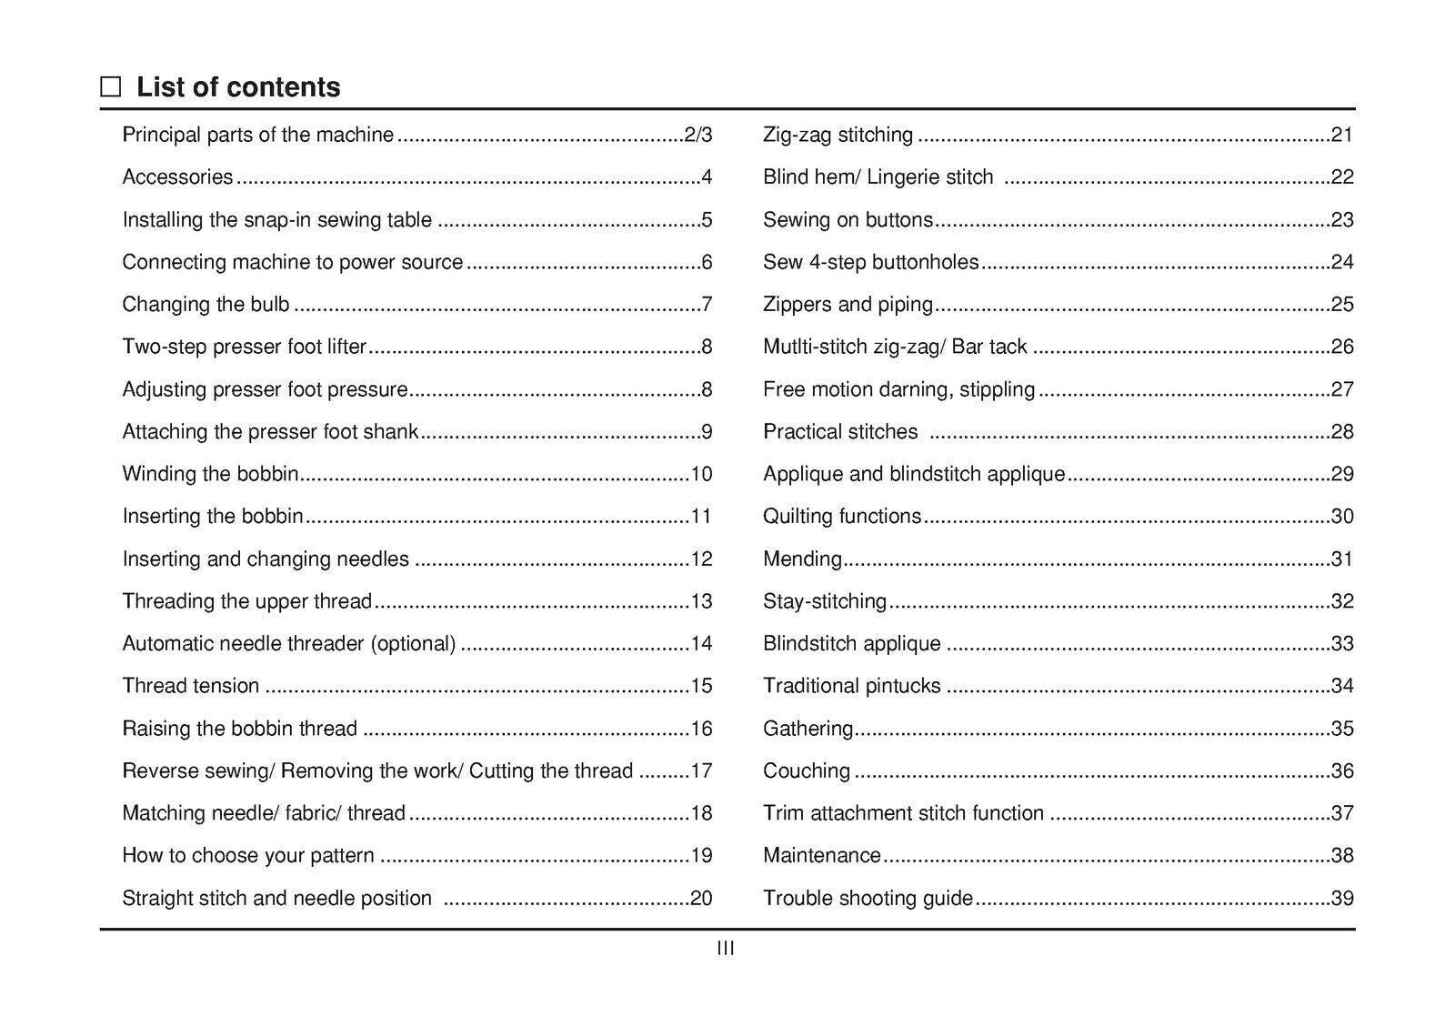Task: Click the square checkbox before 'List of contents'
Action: pos(110,87)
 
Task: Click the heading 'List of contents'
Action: pos(238,87)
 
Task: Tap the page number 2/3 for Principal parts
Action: pos(697,136)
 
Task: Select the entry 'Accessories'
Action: pos(177,177)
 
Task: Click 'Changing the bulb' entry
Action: pos(206,305)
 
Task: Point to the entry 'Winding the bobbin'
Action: pos(210,474)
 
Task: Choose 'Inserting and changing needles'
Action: pos(266,559)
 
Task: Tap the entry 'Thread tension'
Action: pos(191,686)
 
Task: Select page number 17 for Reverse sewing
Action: pos(701,771)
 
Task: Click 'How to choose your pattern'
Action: pos(248,856)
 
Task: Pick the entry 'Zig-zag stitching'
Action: pos(838,136)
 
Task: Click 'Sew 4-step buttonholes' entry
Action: pos(870,263)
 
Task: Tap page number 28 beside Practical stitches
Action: pos(1342,432)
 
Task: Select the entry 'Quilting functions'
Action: pos(842,517)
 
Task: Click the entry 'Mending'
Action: pos(802,559)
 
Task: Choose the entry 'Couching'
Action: pos(807,771)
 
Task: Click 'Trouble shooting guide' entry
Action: pos(868,899)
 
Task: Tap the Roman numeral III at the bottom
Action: pos(726,949)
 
